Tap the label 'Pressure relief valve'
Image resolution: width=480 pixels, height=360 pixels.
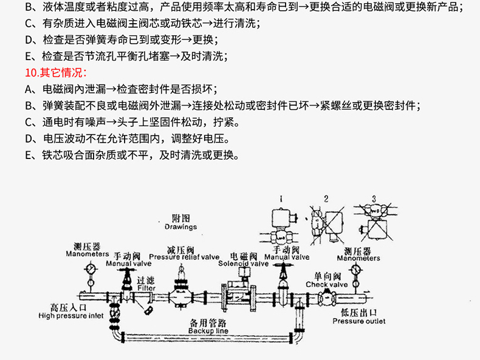pyautogui.click(x=184, y=257)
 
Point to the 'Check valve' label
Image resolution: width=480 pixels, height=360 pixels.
pyautogui.click(x=327, y=284)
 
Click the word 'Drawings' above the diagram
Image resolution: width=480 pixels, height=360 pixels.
pyautogui.click(x=181, y=227)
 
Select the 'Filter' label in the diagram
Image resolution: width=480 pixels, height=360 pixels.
pyautogui.click(x=146, y=288)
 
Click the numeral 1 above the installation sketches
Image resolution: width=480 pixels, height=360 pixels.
pyautogui.click(x=281, y=199)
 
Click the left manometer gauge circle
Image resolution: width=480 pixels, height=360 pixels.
pyautogui.click(x=91, y=268)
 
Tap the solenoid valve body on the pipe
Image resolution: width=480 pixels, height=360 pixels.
pyautogui.click(x=238, y=297)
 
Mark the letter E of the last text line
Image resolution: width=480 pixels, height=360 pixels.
pyautogui.click(x=29, y=155)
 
